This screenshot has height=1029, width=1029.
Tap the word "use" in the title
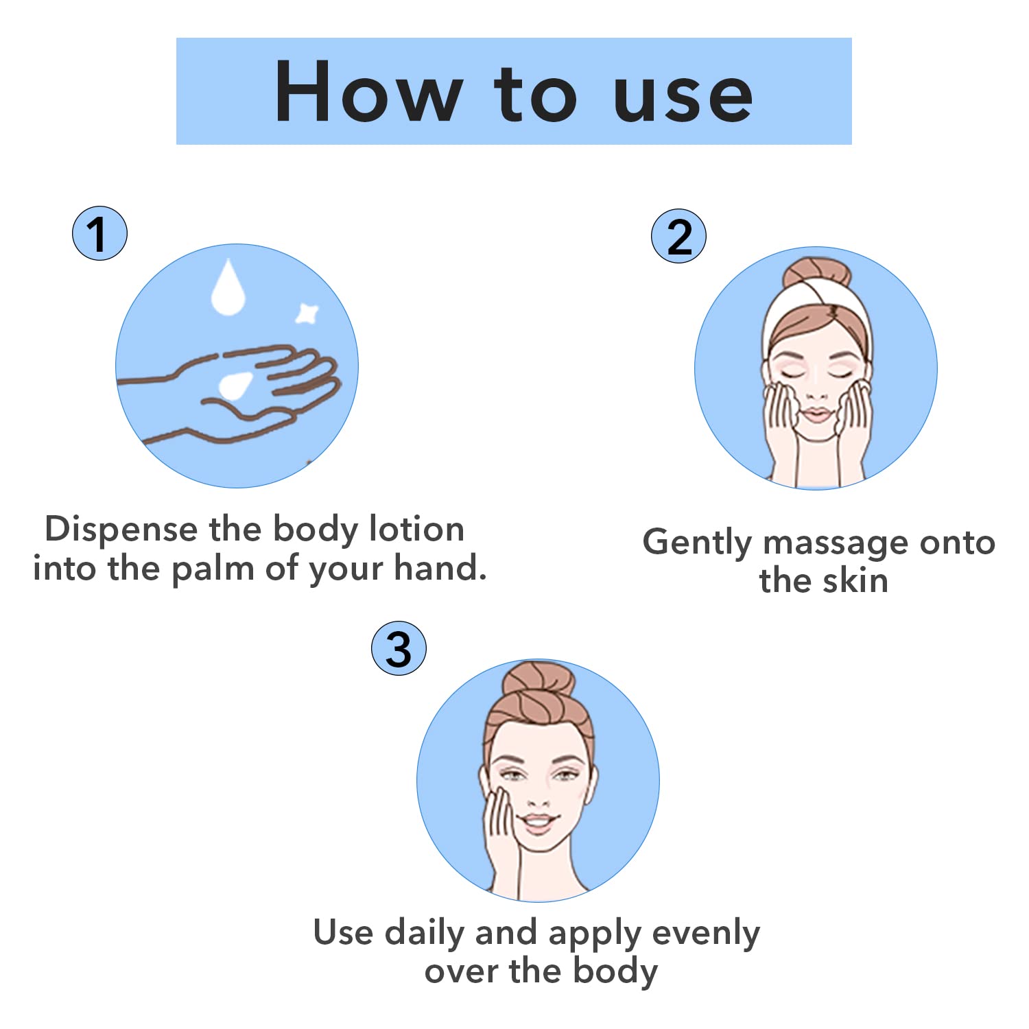coord(683,98)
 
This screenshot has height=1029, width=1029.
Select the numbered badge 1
coord(99,233)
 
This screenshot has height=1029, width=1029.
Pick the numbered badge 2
coord(678,237)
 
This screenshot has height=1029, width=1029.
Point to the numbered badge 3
coord(399,648)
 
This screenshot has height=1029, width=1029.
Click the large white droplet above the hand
coord(228,288)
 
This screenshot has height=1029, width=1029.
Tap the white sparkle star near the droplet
coord(307,313)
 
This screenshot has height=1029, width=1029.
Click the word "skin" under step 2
coord(856,580)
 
